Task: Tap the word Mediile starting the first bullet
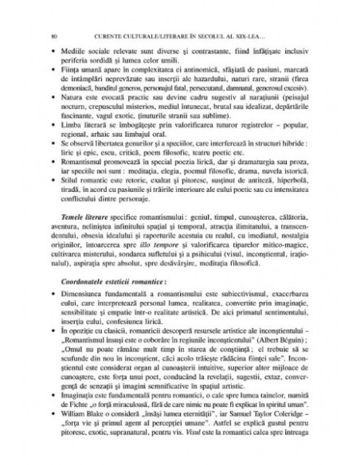(70, 50)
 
